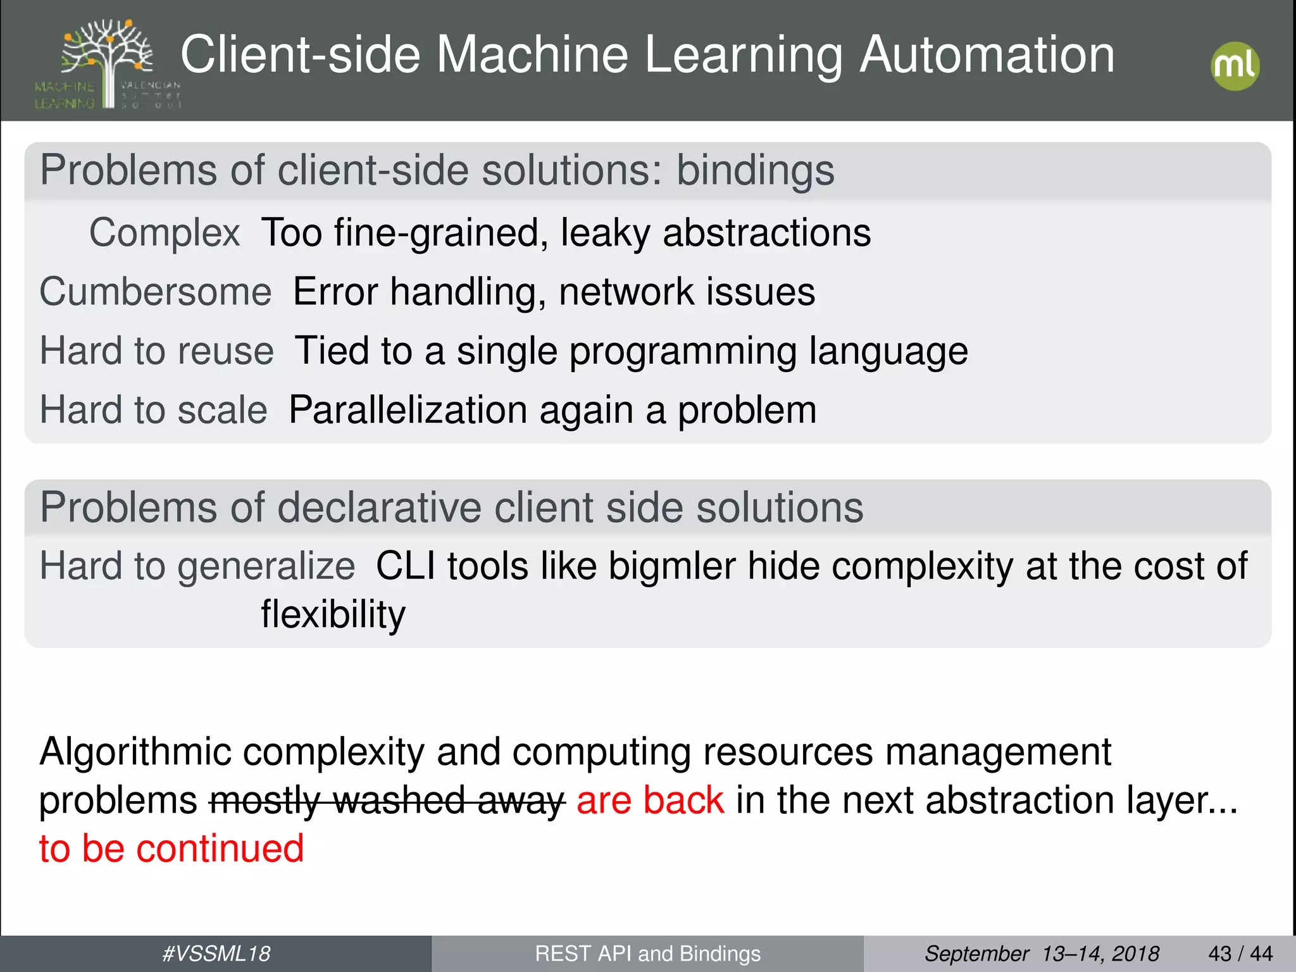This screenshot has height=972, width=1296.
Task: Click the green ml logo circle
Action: coord(1235,66)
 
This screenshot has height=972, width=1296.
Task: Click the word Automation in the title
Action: coord(987,55)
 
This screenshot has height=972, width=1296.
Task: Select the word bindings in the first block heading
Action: coord(756,171)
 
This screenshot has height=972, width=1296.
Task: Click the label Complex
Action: coord(165,232)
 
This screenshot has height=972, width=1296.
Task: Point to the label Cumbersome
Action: coord(156,292)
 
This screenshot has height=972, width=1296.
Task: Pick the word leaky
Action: coord(605,233)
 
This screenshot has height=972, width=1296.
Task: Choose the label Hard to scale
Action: coord(153,410)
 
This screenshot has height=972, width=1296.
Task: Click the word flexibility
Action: coord(333,614)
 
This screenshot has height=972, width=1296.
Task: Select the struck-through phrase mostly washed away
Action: coord(387,801)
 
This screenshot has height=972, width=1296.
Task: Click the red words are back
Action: coord(650,801)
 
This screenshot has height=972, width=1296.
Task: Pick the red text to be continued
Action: coord(171,849)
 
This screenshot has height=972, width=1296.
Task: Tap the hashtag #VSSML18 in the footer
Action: coord(216,954)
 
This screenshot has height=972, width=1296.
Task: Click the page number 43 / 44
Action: coord(1240,954)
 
